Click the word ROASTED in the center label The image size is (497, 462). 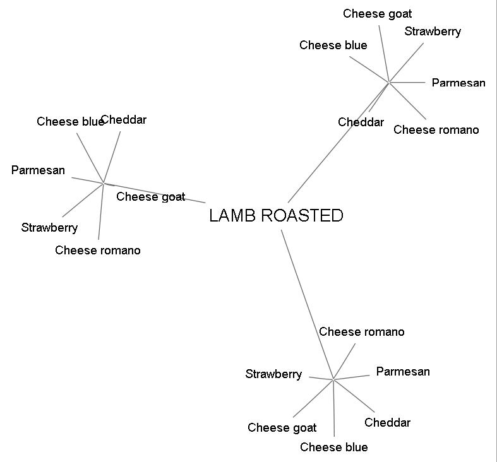[x=301, y=216]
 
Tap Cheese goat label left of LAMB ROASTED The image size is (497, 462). [x=150, y=197]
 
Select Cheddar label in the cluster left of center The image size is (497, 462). [x=124, y=120]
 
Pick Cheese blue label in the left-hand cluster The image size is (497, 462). [x=69, y=122]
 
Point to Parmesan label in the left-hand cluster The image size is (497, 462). [x=38, y=170]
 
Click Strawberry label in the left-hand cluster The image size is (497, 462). [x=49, y=228]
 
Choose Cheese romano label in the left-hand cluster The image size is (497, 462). [x=98, y=251]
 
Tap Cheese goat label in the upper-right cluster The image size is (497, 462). [x=377, y=14]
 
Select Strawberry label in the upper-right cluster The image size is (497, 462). [x=433, y=32]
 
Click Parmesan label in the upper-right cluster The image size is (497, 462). [x=458, y=83]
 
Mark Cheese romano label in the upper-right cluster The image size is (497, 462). [x=436, y=130]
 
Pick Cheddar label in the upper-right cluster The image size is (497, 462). [x=361, y=122]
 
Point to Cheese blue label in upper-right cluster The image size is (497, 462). [x=333, y=45]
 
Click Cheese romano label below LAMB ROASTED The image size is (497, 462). [x=361, y=332]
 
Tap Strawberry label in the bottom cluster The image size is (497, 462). [x=273, y=374]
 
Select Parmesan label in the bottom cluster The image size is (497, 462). [x=403, y=372]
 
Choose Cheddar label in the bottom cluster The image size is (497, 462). [x=387, y=423]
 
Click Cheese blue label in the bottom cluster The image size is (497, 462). [x=333, y=447]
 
